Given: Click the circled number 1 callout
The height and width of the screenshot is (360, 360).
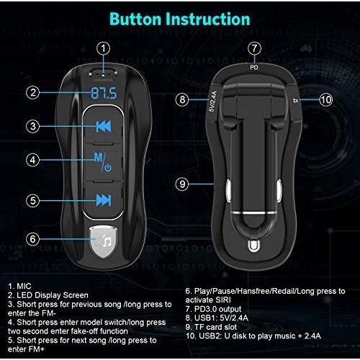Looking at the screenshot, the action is pyautogui.click(x=103, y=48).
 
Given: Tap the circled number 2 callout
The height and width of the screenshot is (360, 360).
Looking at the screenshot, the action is pyautogui.click(x=32, y=93).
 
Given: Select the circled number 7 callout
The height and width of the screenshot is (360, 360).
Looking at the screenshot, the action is pyautogui.click(x=254, y=48).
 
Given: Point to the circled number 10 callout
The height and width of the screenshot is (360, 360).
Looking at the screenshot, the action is pyautogui.click(x=325, y=99).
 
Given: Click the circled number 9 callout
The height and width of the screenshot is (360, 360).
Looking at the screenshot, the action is pyautogui.click(x=182, y=184).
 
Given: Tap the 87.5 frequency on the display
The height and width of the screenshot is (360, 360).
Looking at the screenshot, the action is pyautogui.click(x=104, y=93).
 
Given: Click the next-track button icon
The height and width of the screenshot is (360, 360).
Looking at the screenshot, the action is pyautogui.click(x=104, y=200).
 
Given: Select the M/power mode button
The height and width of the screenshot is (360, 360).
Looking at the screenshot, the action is pyautogui.click(x=103, y=162).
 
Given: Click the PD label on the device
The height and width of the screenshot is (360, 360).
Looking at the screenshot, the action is pyautogui.click(x=254, y=68).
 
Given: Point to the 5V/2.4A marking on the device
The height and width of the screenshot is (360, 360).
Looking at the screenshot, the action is pyautogui.click(x=213, y=102).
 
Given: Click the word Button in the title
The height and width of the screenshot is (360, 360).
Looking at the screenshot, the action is pyautogui.click(x=135, y=19).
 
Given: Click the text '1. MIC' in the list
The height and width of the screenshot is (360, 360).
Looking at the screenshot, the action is pyautogui.click(x=19, y=286).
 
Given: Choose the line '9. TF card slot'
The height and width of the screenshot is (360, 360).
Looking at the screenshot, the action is pyautogui.click(x=211, y=327).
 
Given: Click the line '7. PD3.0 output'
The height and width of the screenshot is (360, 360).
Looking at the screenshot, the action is pyautogui.click(x=213, y=309).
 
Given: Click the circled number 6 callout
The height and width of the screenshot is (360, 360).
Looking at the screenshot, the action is pyautogui.click(x=32, y=239).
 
